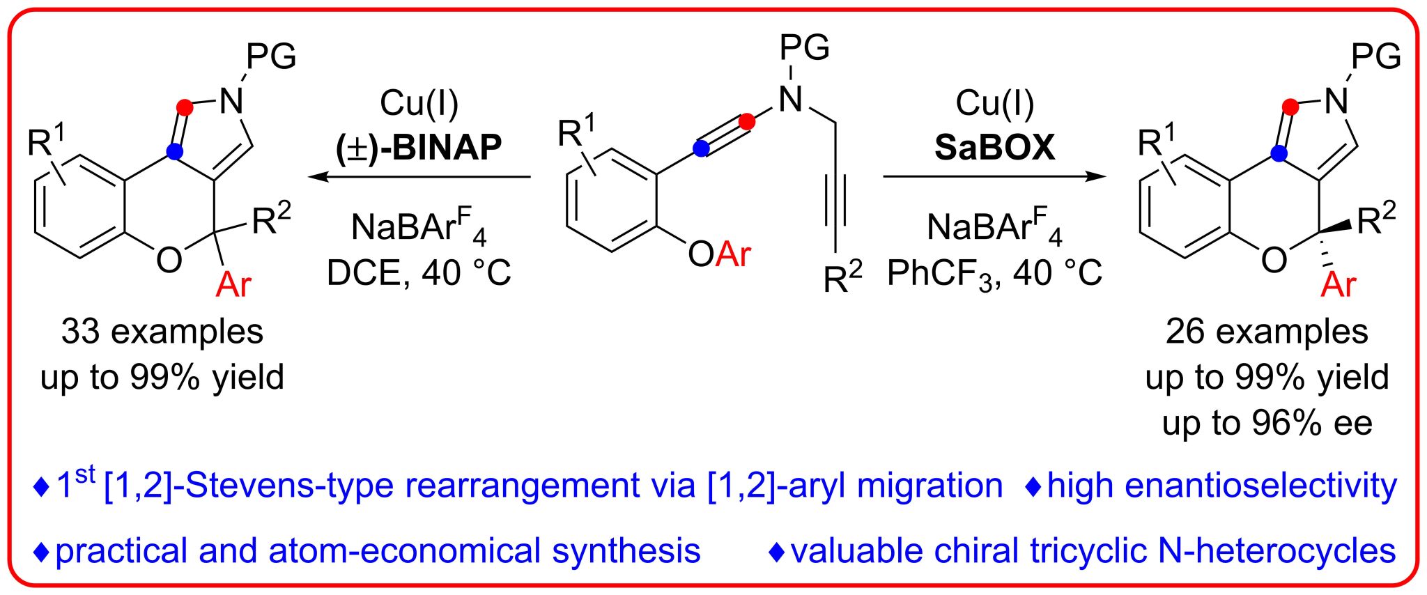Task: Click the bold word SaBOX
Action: (994, 148)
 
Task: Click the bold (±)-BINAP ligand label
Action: (419, 148)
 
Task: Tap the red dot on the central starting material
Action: (746, 123)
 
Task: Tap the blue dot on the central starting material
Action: (702, 148)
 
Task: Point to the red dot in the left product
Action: (185, 107)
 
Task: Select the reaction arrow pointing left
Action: (419, 177)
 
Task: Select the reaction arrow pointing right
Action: (994, 177)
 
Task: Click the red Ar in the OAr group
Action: (733, 254)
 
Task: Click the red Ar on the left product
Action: (233, 284)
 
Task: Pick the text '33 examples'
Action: (162, 332)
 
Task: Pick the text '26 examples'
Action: (1267, 332)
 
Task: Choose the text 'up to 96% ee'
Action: (1267, 423)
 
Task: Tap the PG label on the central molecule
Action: (805, 47)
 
